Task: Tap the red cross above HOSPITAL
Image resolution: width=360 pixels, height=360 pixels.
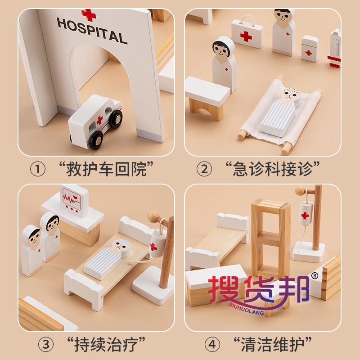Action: (89, 15)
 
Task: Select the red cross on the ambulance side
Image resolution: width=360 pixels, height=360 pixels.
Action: (99, 120)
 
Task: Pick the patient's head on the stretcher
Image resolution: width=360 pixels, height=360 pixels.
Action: (291, 96)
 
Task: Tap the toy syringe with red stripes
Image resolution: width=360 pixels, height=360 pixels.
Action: (334, 49)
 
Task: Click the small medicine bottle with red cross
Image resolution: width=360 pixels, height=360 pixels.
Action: (310, 49)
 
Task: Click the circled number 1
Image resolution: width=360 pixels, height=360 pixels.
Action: (38, 169)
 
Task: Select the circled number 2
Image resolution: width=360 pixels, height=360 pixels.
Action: (204, 169)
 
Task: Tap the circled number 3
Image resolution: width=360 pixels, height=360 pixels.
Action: (46, 344)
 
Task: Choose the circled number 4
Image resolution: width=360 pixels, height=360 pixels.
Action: (212, 344)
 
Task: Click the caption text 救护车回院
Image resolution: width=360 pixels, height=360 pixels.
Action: (106, 169)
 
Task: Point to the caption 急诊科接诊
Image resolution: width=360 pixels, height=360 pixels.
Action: (273, 169)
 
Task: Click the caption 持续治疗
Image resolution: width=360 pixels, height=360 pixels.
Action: (106, 344)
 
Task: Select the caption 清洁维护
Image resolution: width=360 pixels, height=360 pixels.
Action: (273, 344)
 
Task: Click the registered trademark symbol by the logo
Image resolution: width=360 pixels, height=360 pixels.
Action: (315, 276)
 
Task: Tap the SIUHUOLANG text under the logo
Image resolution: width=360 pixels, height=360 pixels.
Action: (246, 309)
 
